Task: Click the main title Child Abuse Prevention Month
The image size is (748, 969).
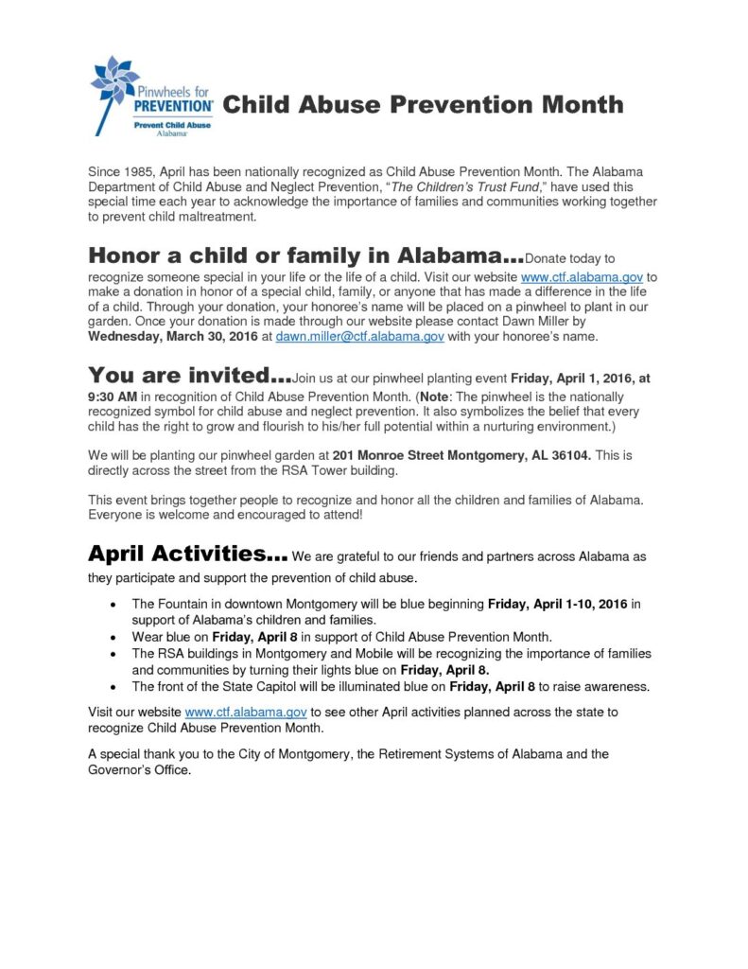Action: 423,104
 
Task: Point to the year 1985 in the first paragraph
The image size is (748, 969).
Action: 141,171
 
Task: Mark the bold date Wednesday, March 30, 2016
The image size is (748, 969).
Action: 166,336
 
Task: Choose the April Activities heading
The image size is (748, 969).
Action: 188,553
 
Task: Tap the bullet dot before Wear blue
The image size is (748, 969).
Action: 114,638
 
